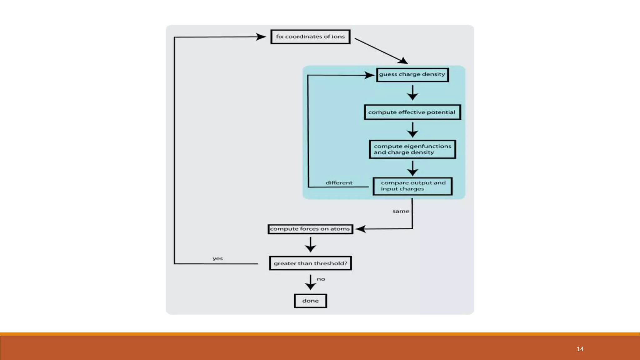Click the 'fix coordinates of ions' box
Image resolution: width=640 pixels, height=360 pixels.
pos(310,37)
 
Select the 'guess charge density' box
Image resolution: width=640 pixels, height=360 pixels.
pos(412,75)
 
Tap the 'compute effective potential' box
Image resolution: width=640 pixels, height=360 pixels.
pos(412,112)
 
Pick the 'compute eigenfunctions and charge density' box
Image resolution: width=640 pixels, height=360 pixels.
pos(412,149)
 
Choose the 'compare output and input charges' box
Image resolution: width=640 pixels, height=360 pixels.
pos(412,186)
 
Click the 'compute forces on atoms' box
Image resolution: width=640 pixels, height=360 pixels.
pos(310,229)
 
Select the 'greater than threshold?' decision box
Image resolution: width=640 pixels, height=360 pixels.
pos(310,263)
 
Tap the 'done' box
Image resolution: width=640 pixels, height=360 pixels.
pos(310,301)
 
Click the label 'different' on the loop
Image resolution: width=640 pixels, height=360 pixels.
pos(339,183)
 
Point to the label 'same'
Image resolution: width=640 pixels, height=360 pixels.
pos(401,212)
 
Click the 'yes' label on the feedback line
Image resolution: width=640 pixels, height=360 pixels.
pos(217,258)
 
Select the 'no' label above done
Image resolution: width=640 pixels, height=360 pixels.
pos(321,279)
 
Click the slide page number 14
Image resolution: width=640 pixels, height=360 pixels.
pos(580,349)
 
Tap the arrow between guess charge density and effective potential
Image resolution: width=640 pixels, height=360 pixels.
pos(412,92)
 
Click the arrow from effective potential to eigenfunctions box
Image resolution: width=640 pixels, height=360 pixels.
pos(412,130)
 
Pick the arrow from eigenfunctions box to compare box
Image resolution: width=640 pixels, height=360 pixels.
pos(412,168)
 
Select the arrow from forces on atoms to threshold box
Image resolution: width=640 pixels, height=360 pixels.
pos(310,245)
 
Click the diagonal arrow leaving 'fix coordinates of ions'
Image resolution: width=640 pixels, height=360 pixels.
pos(381,51)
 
